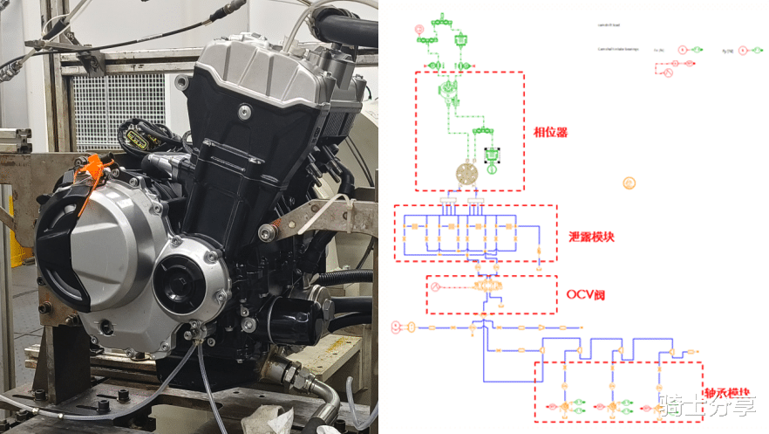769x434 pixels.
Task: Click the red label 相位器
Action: pyautogui.click(x=550, y=133)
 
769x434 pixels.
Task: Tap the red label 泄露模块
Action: pyautogui.click(x=591, y=236)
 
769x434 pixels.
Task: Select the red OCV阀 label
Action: pyautogui.click(x=585, y=293)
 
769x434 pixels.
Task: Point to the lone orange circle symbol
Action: pyautogui.click(x=629, y=183)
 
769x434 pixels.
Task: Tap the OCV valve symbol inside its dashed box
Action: pyautogui.click(x=486, y=286)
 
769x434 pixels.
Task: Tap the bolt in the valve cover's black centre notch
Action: pyautogui.click(x=245, y=111)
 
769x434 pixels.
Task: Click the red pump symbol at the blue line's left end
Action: pyautogui.click(x=398, y=327)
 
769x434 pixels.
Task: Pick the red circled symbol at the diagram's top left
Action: pyautogui.click(x=419, y=29)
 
